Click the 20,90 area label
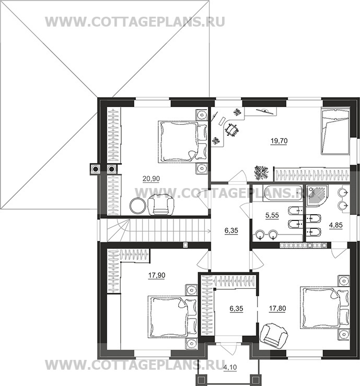coord(151,179)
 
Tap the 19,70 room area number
coord(279,141)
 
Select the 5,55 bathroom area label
coord(272,215)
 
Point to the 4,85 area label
coord(336,225)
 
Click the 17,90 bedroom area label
coord(157,275)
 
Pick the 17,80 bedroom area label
coord(277,308)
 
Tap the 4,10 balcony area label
coord(230,367)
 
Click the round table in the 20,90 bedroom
coord(137,206)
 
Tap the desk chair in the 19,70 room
coord(231,130)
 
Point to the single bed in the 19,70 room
coord(335,132)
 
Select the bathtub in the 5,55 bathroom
coord(283,193)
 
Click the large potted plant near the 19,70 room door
coord(261,172)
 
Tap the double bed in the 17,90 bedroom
coord(172,317)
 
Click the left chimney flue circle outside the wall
coord(95,169)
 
